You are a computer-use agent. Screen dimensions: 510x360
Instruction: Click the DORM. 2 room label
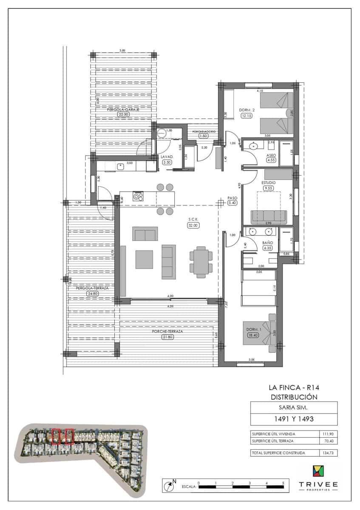247,110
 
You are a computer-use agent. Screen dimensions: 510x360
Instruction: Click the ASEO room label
271,156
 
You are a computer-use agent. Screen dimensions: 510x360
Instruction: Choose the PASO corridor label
232,198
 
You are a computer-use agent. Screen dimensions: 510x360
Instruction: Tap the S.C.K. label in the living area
193,220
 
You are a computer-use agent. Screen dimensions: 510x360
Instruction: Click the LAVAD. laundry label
166,156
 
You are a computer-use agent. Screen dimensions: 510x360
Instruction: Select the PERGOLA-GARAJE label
123,109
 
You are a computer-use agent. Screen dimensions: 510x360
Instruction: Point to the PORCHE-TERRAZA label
167,331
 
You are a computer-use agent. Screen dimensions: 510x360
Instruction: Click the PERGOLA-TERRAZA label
92,288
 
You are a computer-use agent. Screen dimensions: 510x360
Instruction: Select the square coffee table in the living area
145,259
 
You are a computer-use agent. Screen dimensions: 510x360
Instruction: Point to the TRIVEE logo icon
317,472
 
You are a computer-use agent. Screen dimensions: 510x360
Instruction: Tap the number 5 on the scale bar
283,483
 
